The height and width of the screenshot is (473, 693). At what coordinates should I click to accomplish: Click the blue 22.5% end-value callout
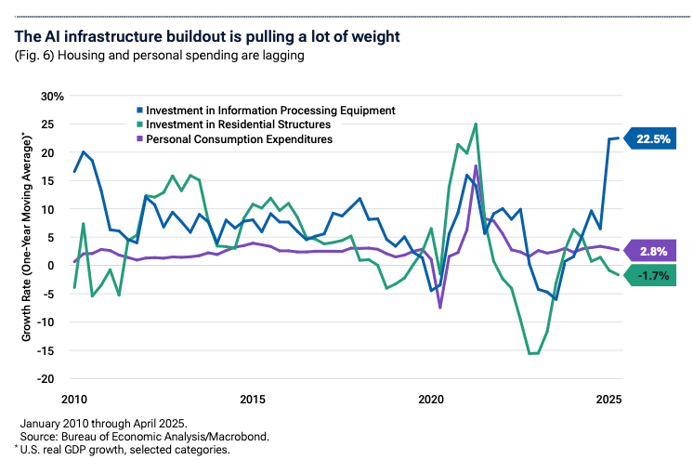point(654,138)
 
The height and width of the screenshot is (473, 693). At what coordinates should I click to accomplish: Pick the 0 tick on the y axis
point(59,265)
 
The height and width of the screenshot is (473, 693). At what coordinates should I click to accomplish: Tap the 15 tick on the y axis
point(57,180)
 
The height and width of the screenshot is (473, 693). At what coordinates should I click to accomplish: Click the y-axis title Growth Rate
point(28,236)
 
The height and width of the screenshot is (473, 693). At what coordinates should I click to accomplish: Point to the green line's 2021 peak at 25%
point(476,124)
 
